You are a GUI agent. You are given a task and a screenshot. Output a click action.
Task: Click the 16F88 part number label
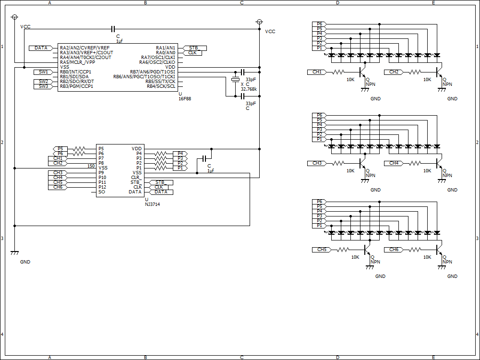pyautogui.click(x=185, y=99)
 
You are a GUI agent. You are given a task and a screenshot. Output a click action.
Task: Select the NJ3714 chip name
pyautogui.click(x=153, y=204)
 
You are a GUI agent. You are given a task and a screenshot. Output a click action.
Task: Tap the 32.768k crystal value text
pyautogui.click(x=249, y=89)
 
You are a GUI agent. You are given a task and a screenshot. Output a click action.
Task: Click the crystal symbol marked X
pyautogui.click(x=235, y=80)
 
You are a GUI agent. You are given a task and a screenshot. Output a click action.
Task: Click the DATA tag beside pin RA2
pyautogui.click(x=41, y=48)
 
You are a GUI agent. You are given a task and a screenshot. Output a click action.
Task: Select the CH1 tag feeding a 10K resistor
pyautogui.click(x=317, y=72)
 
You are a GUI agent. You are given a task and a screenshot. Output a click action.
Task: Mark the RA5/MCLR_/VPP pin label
pyautogui.click(x=77, y=62)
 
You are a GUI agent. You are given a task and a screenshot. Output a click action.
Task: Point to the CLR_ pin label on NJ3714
pyautogui.click(x=136, y=178)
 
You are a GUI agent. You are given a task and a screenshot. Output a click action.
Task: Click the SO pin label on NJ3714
pyautogui.click(x=102, y=192)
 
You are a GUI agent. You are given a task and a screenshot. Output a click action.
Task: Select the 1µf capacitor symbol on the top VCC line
pyautogui.click(x=113, y=29)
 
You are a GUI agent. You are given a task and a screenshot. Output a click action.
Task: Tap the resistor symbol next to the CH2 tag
pyautogui.click(x=415, y=72)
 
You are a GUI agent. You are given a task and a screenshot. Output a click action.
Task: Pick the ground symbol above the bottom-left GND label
pyautogui.click(x=14, y=252)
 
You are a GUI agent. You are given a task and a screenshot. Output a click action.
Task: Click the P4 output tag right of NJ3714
pyautogui.click(x=180, y=154)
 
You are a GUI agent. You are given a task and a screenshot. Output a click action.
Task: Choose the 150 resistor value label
pyautogui.click(x=91, y=166)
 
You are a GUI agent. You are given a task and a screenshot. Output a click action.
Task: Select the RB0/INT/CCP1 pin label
pyautogui.click(x=76, y=72)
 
